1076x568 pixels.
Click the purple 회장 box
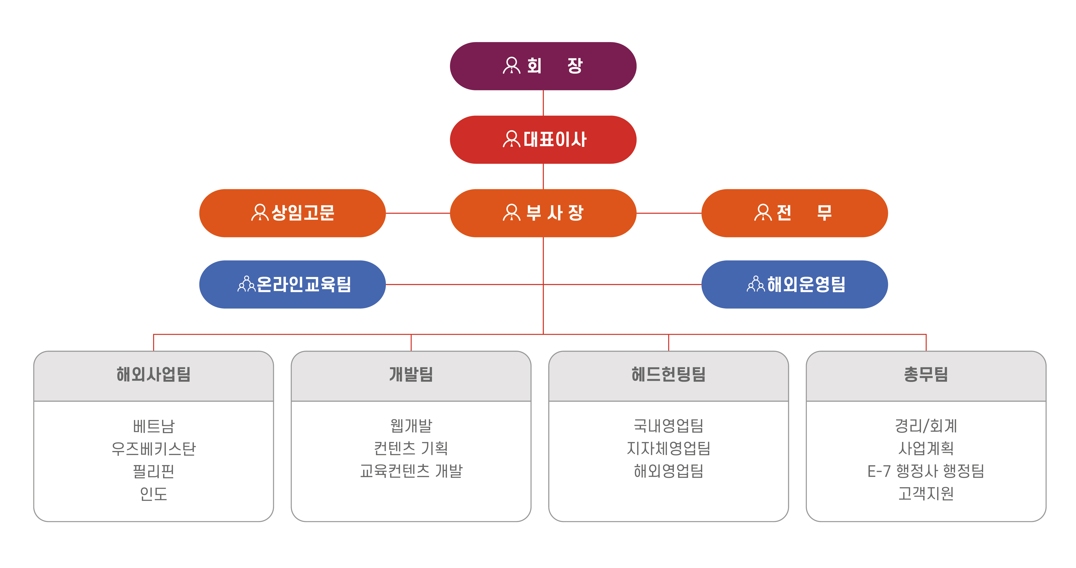[543, 66]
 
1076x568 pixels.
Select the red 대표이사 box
[543, 139]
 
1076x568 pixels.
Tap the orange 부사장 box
[543, 213]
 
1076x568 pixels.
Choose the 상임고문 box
[292, 213]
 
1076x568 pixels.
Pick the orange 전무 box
[794, 213]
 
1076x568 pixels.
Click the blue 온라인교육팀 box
[292, 284]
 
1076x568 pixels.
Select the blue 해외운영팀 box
[794, 284]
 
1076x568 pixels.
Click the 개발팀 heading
[411, 374]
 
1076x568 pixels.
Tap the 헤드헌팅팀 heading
[668, 374]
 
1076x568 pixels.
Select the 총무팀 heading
[926, 374]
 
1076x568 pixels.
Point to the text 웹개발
[411, 426]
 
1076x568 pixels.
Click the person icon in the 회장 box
[512, 66]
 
